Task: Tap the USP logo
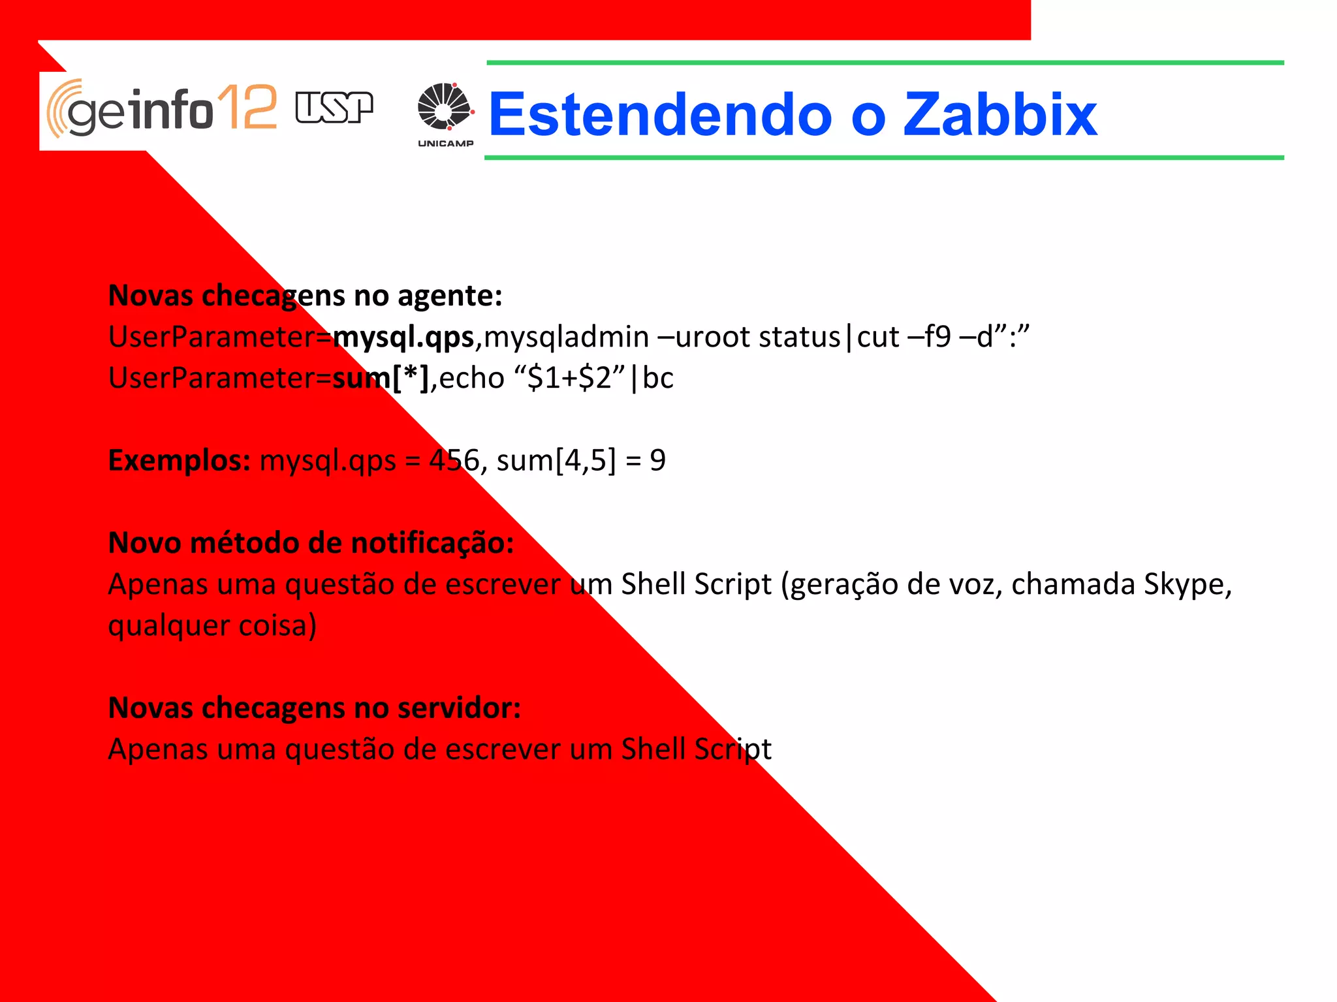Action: point(334,108)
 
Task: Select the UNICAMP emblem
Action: point(445,114)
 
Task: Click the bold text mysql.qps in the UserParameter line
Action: point(403,337)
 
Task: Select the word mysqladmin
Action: point(566,337)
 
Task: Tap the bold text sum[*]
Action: point(381,378)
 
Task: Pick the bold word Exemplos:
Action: point(180,461)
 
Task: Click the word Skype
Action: point(1183,584)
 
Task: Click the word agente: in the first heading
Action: point(450,296)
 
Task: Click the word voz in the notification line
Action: point(973,584)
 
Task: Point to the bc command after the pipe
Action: point(658,378)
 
